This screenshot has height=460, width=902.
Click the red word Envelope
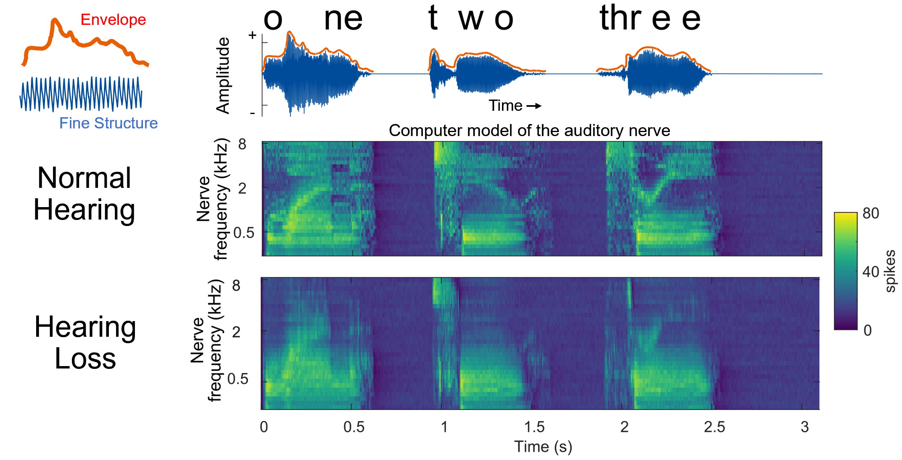coord(113,20)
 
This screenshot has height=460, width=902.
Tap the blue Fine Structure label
coord(108,123)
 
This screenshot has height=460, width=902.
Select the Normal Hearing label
coord(84,193)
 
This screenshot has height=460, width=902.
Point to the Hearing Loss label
coord(85,342)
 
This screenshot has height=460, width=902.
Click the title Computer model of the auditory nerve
coord(529,130)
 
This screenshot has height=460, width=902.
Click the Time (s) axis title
coord(543,447)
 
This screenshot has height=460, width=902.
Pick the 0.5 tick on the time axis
coord(354,427)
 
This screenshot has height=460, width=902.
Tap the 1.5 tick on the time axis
coord(535,427)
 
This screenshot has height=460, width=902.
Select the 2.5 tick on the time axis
coord(714,427)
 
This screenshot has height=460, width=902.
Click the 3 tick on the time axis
coord(804,427)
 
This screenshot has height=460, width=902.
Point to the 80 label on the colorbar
coord(871,213)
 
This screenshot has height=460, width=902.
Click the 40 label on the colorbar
coord(871,272)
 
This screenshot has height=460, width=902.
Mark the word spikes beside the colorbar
coord(890,271)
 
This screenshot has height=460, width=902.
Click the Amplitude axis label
coord(223,75)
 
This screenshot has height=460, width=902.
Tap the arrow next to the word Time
coord(534,106)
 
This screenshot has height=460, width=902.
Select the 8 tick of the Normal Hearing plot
coord(242,144)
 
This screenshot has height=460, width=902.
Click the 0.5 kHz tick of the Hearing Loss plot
coord(238,379)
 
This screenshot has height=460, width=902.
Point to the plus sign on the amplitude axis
coord(252,35)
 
